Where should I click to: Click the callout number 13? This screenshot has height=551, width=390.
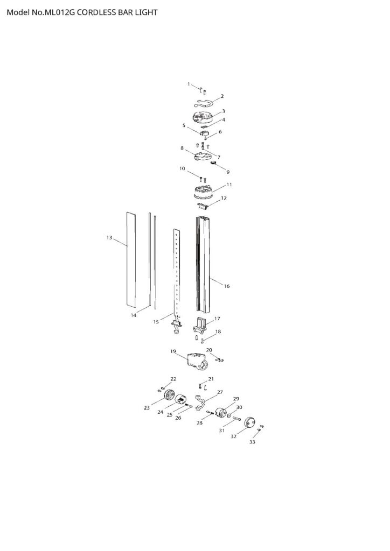click(109, 237)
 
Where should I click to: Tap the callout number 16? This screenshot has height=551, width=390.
click(227, 286)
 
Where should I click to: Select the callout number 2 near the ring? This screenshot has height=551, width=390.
click(222, 96)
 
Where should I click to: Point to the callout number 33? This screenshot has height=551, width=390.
click(253, 442)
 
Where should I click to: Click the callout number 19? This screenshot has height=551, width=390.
click(173, 351)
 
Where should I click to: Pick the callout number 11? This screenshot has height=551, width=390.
click(229, 185)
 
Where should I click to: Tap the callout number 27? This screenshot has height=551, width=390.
click(220, 392)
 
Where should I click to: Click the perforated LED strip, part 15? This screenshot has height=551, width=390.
click(176, 274)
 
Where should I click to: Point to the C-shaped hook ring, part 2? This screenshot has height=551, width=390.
click(207, 103)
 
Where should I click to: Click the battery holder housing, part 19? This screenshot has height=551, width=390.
click(197, 361)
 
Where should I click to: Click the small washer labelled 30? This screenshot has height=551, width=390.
click(229, 416)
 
